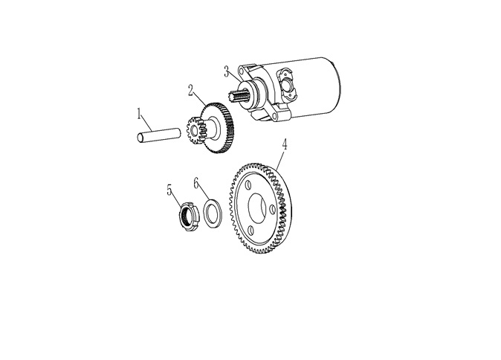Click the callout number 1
pos(139,114)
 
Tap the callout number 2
pos(191,90)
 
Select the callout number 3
pos(226,71)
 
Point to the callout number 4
pos(284,144)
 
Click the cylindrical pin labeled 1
pos(158,135)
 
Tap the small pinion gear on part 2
pos(194,130)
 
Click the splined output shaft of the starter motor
pos(236,96)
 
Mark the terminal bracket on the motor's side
pos(288,83)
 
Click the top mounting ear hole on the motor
pos(241,70)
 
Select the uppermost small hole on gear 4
pos(248,186)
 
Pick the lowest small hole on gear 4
pos(250,231)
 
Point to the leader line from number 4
pos(280,159)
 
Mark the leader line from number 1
pos(146,124)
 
